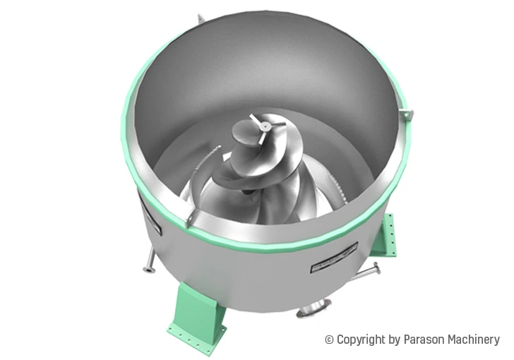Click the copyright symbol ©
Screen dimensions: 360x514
(x=329, y=340)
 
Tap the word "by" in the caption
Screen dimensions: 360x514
(x=395, y=340)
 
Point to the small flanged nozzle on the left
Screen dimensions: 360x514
(x=149, y=267)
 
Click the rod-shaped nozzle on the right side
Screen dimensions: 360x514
(x=369, y=269)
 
